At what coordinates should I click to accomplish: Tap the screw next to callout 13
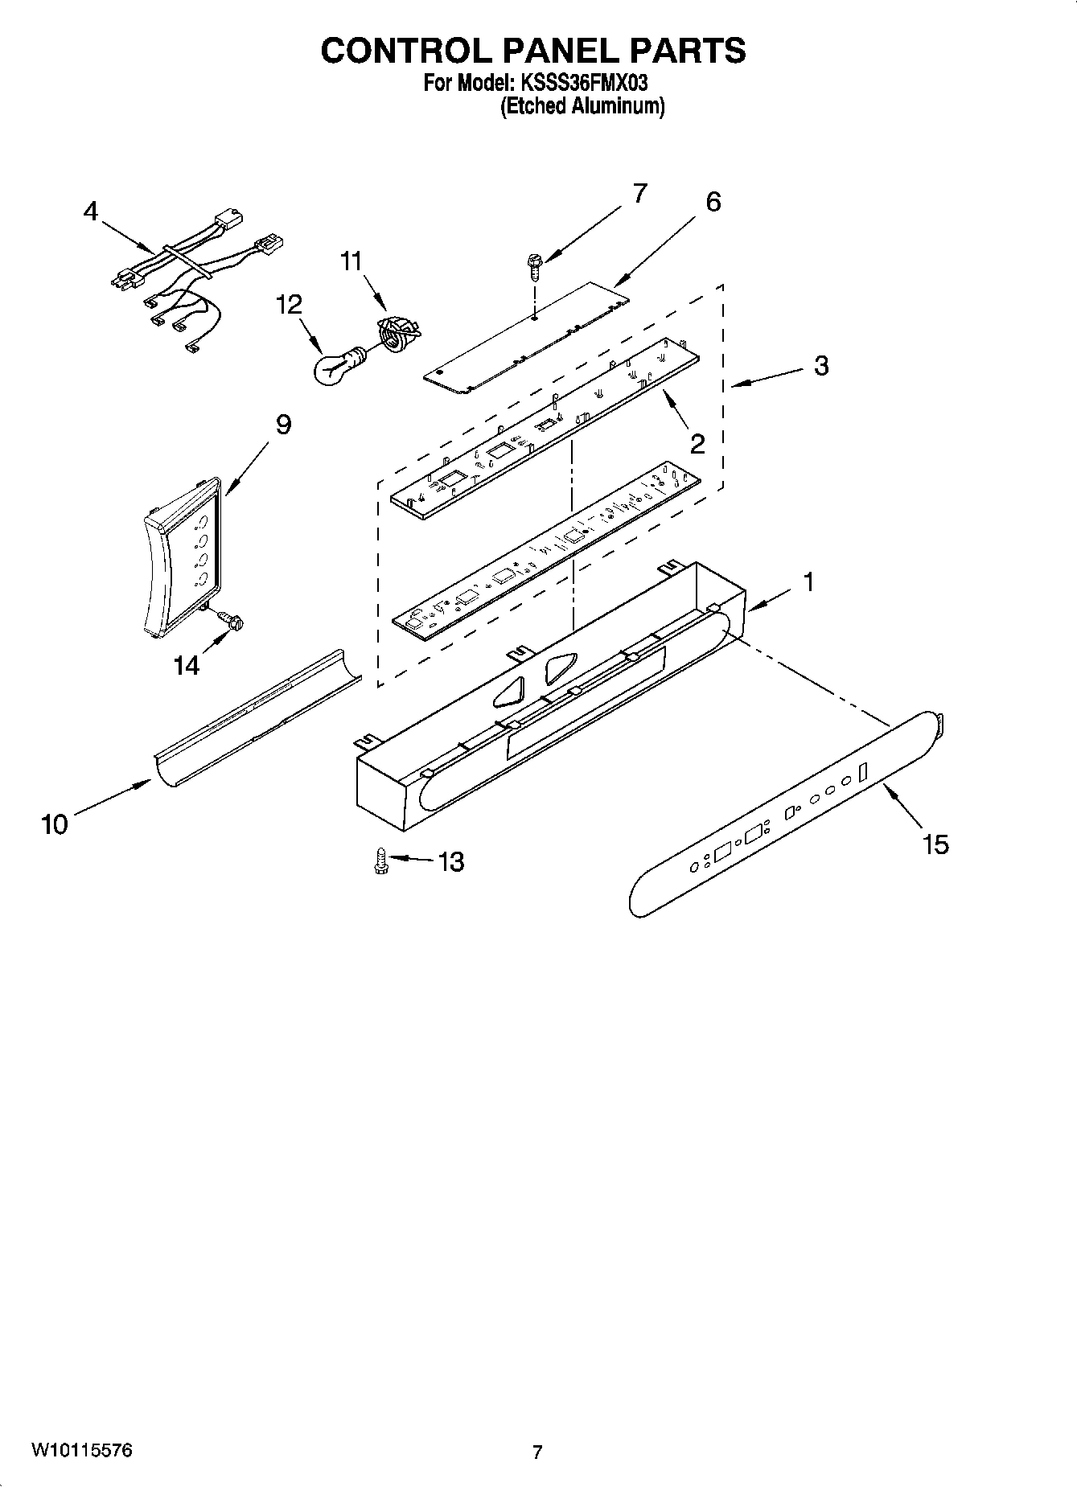[381, 861]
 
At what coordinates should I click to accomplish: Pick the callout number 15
[935, 844]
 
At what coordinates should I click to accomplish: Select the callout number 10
[55, 824]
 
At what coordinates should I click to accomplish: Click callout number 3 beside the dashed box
[820, 365]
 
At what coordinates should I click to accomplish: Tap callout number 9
[283, 425]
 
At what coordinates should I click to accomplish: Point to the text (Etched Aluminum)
[582, 106]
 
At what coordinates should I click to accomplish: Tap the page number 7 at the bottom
[537, 1452]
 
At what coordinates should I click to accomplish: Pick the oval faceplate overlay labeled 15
[788, 812]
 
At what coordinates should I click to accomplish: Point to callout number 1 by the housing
[808, 581]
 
